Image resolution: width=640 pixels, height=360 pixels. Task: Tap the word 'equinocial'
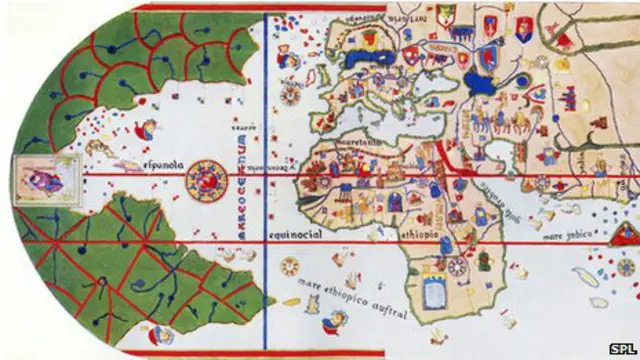click(x=294, y=235)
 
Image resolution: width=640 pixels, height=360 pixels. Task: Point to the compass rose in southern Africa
click(x=458, y=267)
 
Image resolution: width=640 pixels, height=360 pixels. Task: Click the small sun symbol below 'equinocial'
click(x=290, y=267)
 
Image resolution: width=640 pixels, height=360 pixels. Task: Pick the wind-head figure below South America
click(x=164, y=337)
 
